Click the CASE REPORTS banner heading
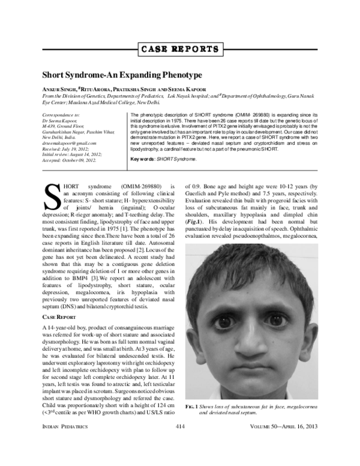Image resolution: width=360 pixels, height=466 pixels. point(180,49)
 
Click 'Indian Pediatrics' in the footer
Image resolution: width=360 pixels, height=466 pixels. point(62,443)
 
